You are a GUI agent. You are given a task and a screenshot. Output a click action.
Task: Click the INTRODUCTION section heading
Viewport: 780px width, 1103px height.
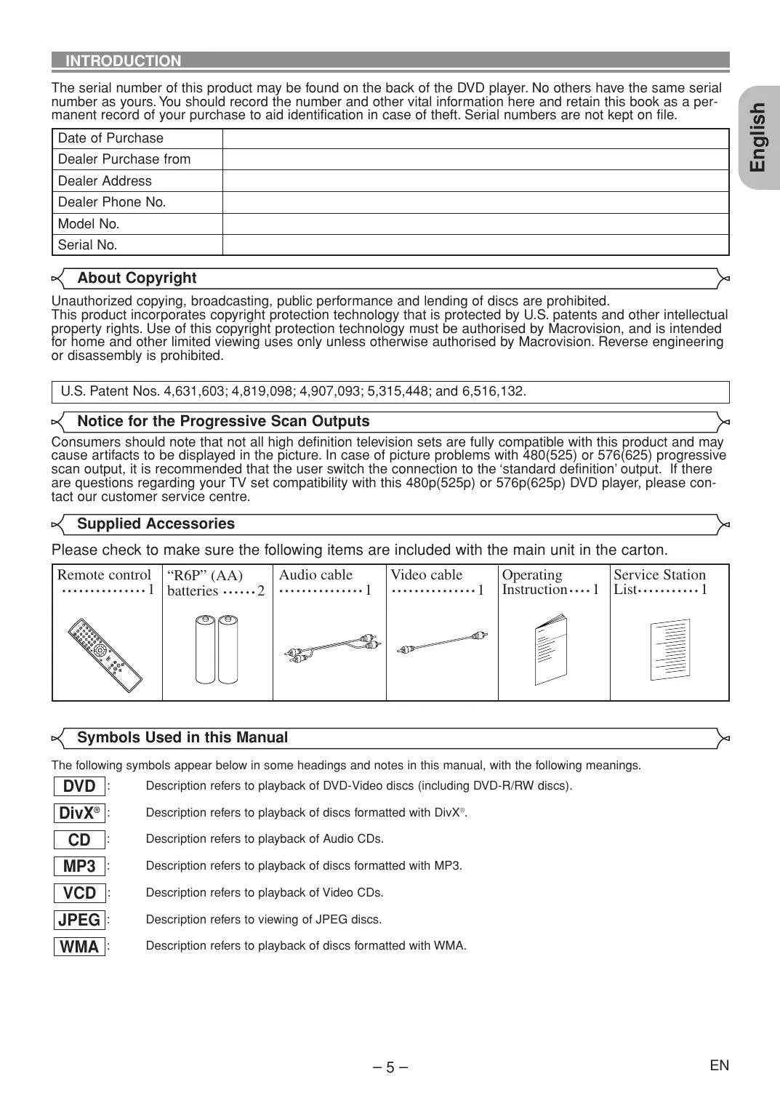pyautogui.click(x=124, y=61)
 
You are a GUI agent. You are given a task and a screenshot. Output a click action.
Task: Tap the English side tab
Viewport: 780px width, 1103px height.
pyautogui.click(x=757, y=137)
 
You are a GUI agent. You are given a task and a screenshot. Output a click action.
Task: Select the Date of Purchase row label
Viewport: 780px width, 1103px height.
pyautogui.click(x=110, y=138)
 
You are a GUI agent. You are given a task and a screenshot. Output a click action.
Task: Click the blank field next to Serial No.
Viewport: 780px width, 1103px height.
pyautogui.click(x=475, y=245)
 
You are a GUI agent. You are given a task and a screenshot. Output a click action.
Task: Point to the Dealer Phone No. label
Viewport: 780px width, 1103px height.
pyautogui.click(x=112, y=202)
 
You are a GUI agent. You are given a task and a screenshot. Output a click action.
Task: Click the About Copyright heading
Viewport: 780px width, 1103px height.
pyautogui.click(x=137, y=278)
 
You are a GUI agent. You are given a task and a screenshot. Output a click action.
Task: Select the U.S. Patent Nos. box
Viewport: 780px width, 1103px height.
pyautogui.click(x=390, y=391)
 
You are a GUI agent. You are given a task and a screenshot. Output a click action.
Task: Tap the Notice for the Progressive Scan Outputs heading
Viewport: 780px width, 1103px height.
pyautogui.click(x=223, y=421)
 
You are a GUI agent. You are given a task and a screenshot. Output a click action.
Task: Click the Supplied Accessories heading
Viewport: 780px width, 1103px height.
pyautogui.click(x=156, y=524)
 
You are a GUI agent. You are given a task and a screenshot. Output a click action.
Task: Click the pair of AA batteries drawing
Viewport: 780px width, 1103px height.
pyautogui.click(x=217, y=649)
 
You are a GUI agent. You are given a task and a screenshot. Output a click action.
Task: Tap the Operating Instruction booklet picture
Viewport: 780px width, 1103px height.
pyautogui.click(x=551, y=650)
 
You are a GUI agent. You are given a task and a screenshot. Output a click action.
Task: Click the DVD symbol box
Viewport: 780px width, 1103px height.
pyautogui.click(x=79, y=786)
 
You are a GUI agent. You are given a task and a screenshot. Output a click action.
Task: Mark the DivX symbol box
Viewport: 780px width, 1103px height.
pyautogui.click(x=79, y=813)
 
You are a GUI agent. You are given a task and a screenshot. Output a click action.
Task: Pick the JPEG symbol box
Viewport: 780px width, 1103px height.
pyautogui.click(x=79, y=920)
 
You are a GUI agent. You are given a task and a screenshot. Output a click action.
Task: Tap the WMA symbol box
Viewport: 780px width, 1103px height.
pyautogui.click(x=79, y=947)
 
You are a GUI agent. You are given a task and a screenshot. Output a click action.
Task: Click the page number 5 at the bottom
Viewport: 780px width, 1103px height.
pyautogui.click(x=390, y=1067)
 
